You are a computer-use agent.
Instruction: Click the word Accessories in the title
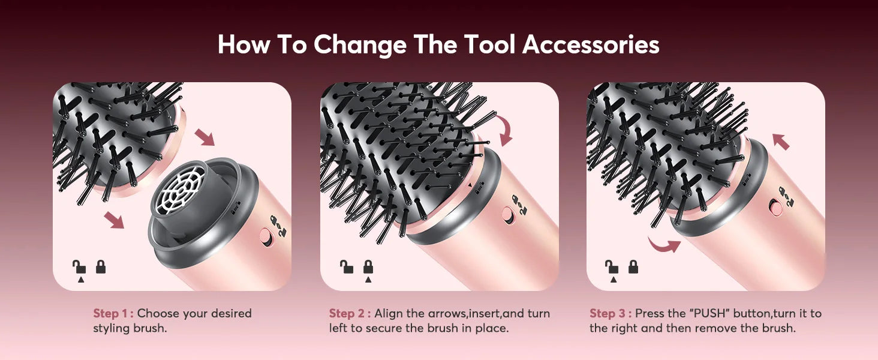coord(591,45)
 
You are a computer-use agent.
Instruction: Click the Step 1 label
coord(113,313)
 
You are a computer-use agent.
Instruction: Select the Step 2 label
coord(350,313)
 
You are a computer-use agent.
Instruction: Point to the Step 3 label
coord(610,313)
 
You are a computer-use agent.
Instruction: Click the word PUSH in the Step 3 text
coord(712,313)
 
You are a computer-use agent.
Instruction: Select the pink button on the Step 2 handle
coord(508,215)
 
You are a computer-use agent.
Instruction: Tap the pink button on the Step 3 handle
coord(776,208)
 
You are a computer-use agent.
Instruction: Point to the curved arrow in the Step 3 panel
coord(664,244)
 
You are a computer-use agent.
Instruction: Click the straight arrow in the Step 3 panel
coord(781,142)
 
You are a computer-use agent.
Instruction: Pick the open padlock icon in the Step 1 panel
coord(79,266)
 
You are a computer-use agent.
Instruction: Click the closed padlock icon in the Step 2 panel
coord(368,266)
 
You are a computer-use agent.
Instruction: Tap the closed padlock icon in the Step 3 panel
coord(633,266)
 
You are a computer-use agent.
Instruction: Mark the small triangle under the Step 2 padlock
coord(368,280)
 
